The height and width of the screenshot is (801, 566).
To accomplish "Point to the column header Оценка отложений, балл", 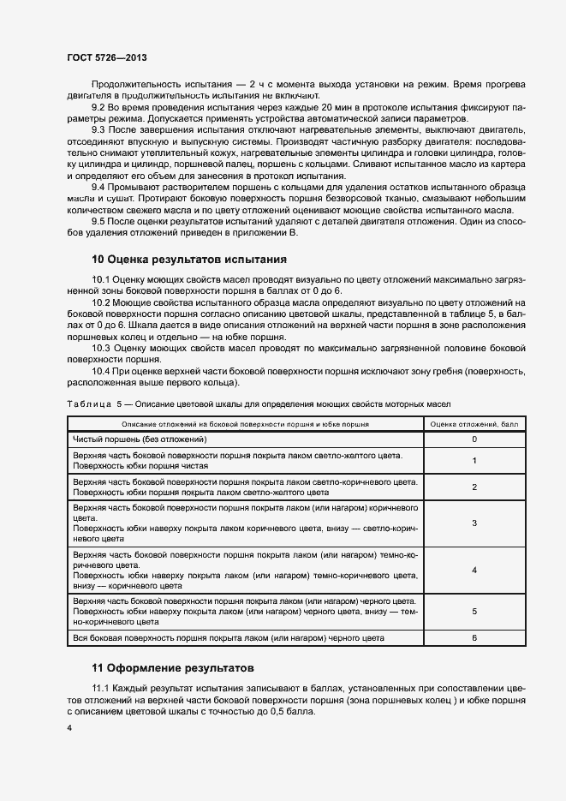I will coord(474,424).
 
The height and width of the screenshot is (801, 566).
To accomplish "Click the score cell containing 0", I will coord(474,439).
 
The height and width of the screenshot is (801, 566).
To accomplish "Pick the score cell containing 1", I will coord(474,461).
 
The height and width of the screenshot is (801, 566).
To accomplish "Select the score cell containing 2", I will coord(474,487).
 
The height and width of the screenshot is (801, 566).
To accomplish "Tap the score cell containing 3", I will coord(474,523).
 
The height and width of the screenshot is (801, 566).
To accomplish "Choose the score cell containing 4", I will coord(474,570).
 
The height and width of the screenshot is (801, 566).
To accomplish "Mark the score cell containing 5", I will coord(474,612).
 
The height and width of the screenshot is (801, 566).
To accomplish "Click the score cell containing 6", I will coord(474,638).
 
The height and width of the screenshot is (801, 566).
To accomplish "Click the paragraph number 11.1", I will coord(102,688).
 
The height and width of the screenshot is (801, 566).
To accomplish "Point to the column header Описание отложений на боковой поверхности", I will coord(245,424).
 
